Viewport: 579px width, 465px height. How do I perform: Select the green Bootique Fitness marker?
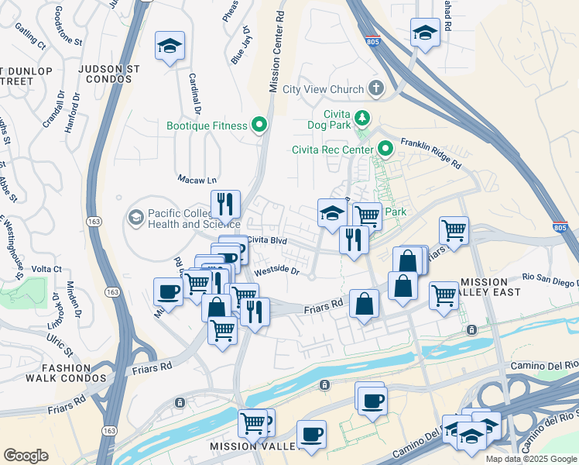259,126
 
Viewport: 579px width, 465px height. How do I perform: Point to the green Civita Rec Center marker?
385,150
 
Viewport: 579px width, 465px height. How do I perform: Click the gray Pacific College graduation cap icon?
137,218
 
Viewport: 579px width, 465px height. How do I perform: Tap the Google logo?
26,456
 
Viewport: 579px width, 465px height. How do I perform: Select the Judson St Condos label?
109,74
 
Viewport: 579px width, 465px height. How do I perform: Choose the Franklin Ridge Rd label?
430,154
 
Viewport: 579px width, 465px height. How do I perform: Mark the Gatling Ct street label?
29,37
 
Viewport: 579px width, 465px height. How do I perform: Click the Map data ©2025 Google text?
530,458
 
